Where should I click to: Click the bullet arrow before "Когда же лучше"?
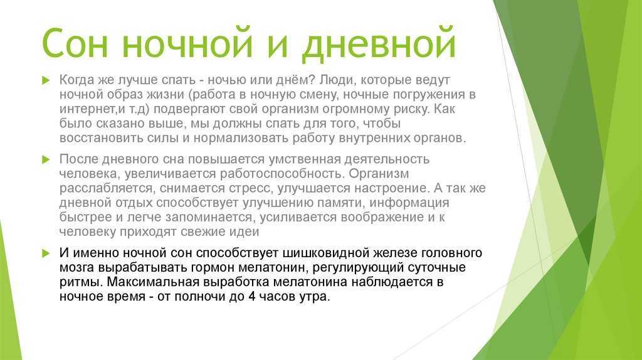point(45,80)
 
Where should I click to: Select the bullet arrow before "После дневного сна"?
point(45,160)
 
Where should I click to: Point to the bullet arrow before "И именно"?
point(45,253)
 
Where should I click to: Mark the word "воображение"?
point(382,218)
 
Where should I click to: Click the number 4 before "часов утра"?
point(252,297)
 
